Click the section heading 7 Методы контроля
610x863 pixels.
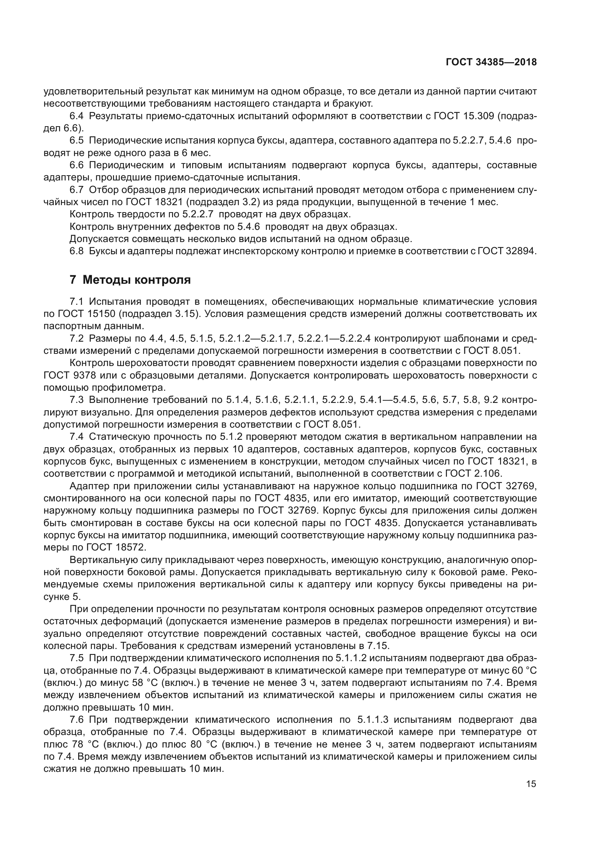coord(130,280)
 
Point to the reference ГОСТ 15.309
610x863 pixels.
coord(464,116)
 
